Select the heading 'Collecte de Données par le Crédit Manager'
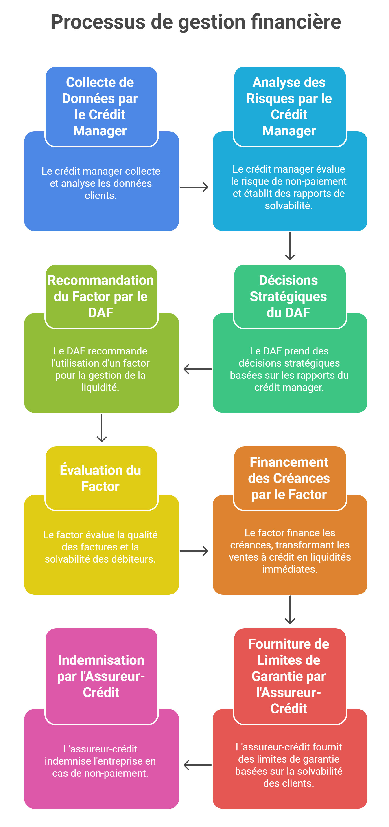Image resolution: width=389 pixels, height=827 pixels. (100, 106)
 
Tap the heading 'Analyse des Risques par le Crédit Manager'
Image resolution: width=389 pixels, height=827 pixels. (289, 106)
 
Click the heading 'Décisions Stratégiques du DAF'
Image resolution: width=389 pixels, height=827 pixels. (288, 296)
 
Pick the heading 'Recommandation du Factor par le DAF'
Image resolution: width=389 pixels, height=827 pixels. (101, 296)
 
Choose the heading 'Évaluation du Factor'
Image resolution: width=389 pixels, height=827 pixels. (101, 478)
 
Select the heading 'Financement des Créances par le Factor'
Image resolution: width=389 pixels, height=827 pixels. (289, 478)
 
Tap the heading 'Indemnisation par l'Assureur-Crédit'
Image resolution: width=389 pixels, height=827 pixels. (101, 676)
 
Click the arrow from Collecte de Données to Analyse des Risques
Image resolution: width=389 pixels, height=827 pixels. (194, 187)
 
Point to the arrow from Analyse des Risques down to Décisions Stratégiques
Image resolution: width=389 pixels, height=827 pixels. (290, 246)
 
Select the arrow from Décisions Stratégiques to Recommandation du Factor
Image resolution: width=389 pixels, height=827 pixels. (197, 369)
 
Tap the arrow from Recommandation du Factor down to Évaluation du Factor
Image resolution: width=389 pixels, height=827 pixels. (101, 428)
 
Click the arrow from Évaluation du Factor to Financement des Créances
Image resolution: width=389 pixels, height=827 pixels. (194, 551)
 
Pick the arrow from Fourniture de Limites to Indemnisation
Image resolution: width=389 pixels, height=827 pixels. (197, 765)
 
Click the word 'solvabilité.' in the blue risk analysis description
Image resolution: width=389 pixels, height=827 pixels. (288, 205)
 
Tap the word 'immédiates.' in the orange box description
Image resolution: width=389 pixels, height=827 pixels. (289, 569)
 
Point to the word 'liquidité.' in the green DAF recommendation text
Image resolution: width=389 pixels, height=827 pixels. (100, 387)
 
